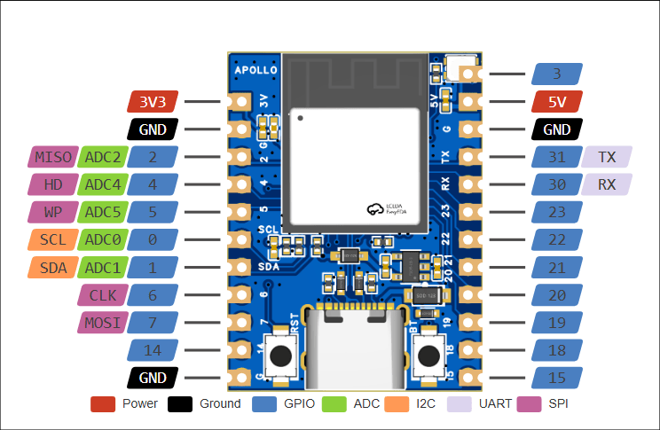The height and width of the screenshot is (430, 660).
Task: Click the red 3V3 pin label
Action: [153, 102]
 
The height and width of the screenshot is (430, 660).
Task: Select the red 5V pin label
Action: [557, 102]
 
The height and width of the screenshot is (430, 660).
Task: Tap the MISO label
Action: [52, 158]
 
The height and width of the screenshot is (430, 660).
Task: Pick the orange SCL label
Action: [52, 240]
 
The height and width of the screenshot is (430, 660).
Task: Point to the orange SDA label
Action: [52, 268]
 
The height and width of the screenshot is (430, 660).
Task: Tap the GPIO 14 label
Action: [153, 350]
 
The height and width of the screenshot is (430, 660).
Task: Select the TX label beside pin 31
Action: [607, 158]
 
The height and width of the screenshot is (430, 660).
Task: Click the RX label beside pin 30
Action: [607, 185]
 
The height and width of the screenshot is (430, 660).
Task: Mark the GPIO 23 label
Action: [557, 213]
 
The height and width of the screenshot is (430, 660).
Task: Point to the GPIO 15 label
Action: [557, 378]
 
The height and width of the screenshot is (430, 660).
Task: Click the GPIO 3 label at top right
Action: [557, 74]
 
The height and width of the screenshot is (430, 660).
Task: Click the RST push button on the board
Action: [282, 356]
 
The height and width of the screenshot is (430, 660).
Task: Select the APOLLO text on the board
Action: [255, 69]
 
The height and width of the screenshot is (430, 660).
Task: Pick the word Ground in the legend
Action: [220, 404]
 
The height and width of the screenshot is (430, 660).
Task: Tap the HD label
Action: [52, 185]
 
